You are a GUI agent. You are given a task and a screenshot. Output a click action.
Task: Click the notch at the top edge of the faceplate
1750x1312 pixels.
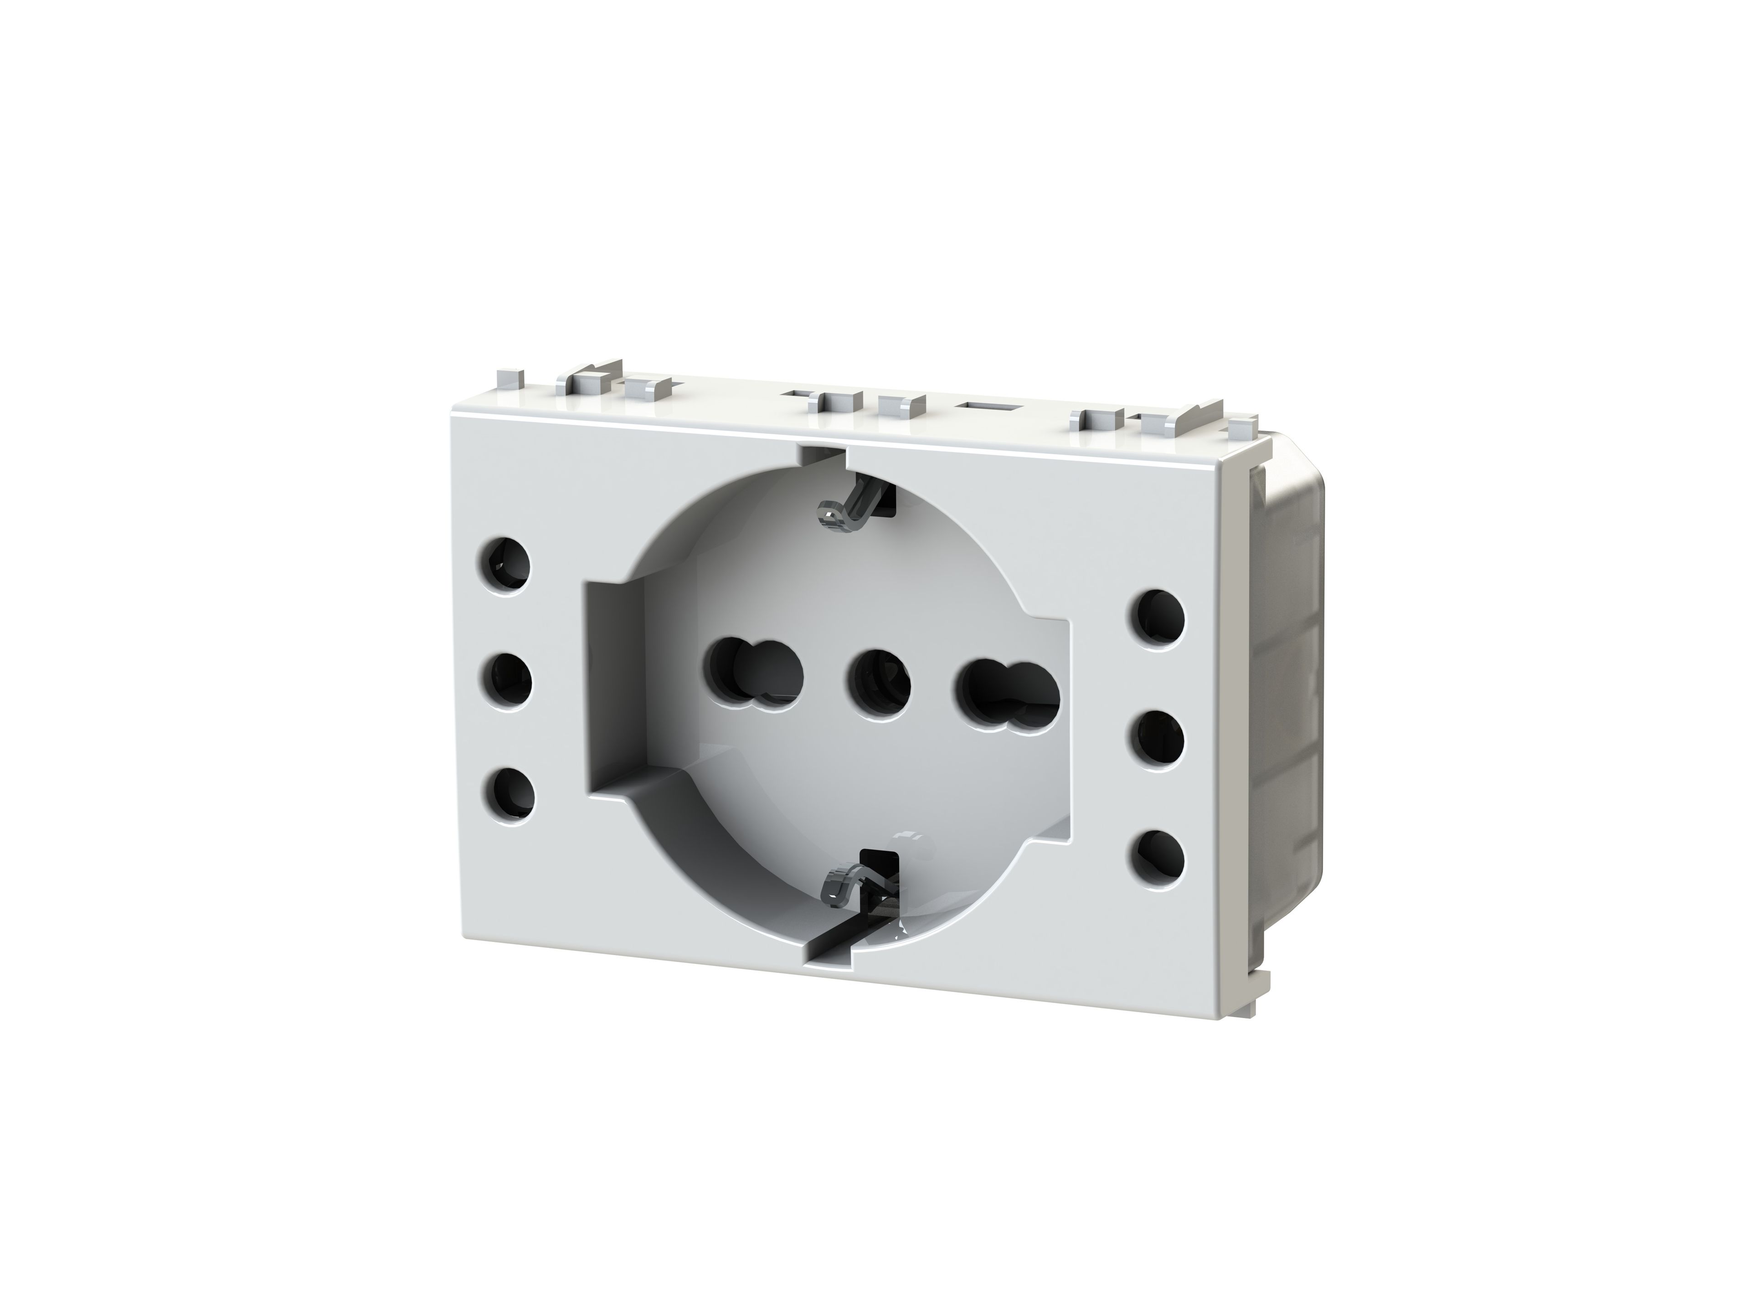click(x=823, y=455)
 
